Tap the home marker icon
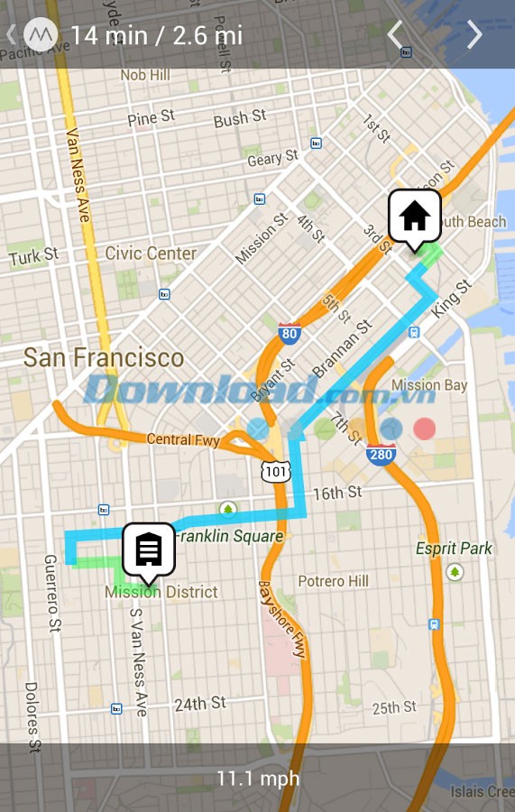(x=414, y=217)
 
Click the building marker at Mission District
(x=149, y=549)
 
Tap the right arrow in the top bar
(x=474, y=35)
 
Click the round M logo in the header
(x=40, y=35)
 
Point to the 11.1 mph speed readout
(x=257, y=778)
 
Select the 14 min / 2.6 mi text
(x=156, y=35)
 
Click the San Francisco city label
(x=104, y=357)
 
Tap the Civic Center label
(x=151, y=254)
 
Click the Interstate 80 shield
(x=290, y=334)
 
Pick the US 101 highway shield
(x=275, y=471)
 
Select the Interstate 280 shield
(x=382, y=454)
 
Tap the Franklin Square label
(x=229, y=537)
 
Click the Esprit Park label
(x=454, y=549)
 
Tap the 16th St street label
(x=336, y=493)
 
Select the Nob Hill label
(x=144, y=76)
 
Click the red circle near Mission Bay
(x=424, y=429)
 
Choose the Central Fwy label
(x=183, y=440)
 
